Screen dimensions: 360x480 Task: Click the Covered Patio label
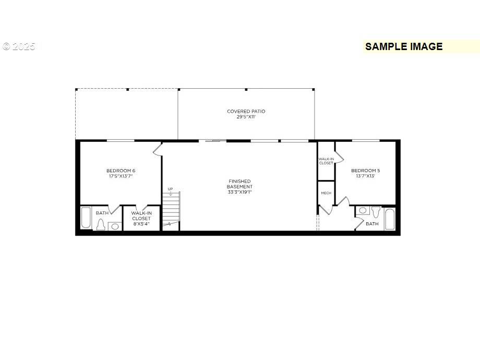[246, 111]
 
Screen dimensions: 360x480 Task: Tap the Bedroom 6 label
[121, 171]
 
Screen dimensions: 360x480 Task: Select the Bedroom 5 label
[365, 171]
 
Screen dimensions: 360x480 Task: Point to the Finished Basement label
[240, 184]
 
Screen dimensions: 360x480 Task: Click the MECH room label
[326, 193]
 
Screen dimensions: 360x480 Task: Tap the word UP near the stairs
[170, 189]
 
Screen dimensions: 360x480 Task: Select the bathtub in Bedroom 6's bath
[86, 218]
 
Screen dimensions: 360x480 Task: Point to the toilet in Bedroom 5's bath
[376, 212]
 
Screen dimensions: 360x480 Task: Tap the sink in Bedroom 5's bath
[363, 211]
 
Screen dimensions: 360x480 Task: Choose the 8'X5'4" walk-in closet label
[141, 219]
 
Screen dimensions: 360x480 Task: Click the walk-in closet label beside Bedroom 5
[326, 161]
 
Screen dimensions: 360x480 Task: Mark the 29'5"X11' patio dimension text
[246, 117]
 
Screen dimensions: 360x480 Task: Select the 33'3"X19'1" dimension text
[240, 192]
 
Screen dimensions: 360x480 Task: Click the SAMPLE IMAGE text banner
[404, 46]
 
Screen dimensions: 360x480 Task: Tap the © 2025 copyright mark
[19, 46]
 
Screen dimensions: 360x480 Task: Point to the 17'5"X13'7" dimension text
[121, 176]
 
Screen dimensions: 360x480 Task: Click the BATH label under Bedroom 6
[102, 213]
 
